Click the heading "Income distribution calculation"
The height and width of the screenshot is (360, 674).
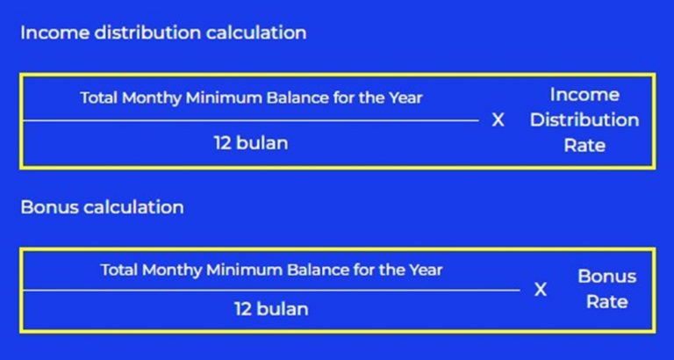pos(163,33)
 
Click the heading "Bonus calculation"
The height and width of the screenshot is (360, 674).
pos(102,208)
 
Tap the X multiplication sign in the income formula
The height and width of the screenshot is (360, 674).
pos(498,120)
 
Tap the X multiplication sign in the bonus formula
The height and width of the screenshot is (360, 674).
pos(541,289)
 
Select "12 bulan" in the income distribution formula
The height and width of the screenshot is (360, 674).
pos(250,142)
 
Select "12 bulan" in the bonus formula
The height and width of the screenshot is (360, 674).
pos(271,309)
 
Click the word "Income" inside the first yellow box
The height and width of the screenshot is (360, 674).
pos(584,95)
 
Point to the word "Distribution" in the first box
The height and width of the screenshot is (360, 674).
pos(584,120)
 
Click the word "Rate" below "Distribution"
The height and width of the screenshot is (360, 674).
pos(584,146)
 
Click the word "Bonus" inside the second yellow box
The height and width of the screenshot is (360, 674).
pos(606,277)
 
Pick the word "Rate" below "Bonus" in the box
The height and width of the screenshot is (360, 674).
pos(606,302)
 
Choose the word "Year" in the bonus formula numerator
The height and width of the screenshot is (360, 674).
pos(425,270)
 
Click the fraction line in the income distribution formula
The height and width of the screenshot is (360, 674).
pos(250,120)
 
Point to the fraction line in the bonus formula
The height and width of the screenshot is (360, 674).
pos(271,289)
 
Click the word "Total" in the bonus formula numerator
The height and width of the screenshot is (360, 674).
pos(119,270)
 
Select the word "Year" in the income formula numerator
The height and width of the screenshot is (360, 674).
pos(405,97)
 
